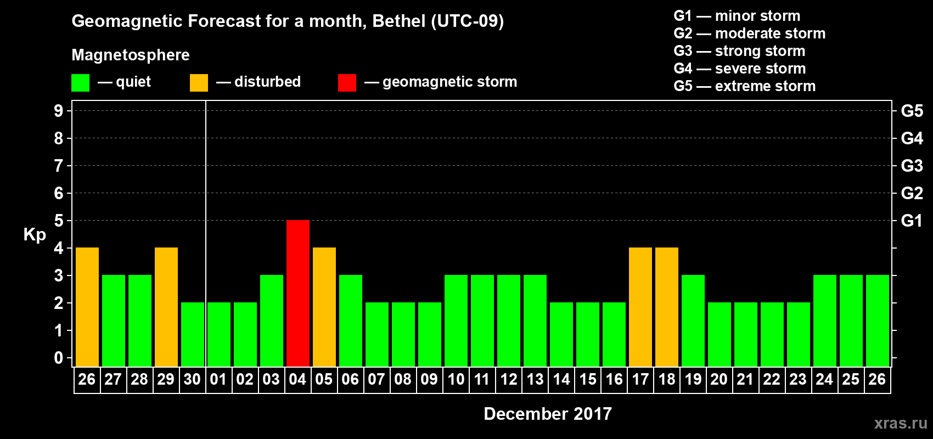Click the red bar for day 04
298,293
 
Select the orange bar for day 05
324,307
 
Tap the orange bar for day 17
640,307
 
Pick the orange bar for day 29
166,307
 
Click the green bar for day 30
193,334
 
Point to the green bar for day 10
456,320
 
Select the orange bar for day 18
667,307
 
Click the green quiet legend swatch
80,83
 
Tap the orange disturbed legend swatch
199,83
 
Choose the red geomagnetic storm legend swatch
347,83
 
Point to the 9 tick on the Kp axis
59,111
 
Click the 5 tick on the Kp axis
59,221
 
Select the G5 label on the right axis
912,111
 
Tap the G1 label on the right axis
912,221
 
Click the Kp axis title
35,235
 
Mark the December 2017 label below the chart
548,414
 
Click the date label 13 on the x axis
535,380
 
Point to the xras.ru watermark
901,423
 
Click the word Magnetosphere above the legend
131,55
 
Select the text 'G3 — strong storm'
739,51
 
